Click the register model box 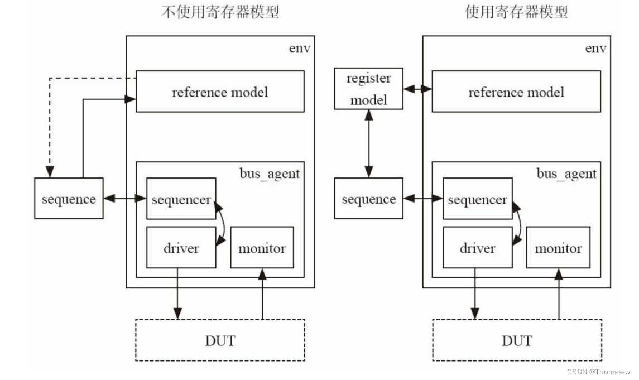coord(368,89)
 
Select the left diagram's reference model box coord(220,92)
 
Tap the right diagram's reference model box coord(516,92)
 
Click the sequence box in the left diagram coord(69,199)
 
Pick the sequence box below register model coord(368,199)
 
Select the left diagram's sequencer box coord(181,199)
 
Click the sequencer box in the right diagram coord(477,199)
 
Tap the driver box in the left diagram coord(181,248)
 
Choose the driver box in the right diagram coord(477,248)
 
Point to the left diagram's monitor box coord(262,248)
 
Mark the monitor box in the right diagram coord(558,248)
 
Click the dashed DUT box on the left coord(220,340)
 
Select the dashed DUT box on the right coord(517,340)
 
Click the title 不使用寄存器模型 coord(220,12)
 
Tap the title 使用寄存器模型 coord(516,12)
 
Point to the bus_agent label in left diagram coord(270,174)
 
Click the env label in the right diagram coord(595,49)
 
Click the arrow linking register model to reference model coord(417,89)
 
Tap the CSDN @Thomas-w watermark coord(598,372)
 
